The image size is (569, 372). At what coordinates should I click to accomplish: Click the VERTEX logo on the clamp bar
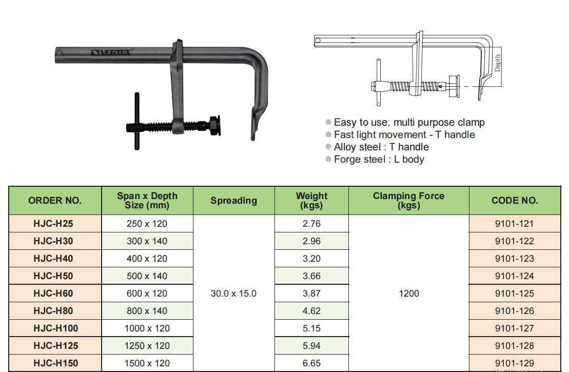pyautogui.click(x=111, y=53)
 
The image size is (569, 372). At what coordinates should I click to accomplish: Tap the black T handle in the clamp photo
pyautogui.click(x=137, y=121)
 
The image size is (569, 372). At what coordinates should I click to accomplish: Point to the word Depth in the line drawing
pyautogui.click(x=497, y=63)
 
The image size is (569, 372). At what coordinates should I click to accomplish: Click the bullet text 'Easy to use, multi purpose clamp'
pyautogui.click(x=409, y=122)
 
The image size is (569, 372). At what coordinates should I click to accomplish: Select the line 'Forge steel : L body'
pyautogui.click(x=379, y=160)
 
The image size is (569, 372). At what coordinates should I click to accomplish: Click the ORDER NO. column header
pyautogui.click(x=55, y=200)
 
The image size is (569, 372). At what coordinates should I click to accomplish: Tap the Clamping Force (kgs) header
pyautogui.click(x=408, y=200)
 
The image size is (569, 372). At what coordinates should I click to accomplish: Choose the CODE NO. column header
pyautogui.click(x=515, y=200)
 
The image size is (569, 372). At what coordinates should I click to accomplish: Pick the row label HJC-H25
pyautogui.click(x=53, y=224)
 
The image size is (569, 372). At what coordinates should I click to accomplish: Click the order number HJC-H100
pyautogui.click(x=56, y=328)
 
